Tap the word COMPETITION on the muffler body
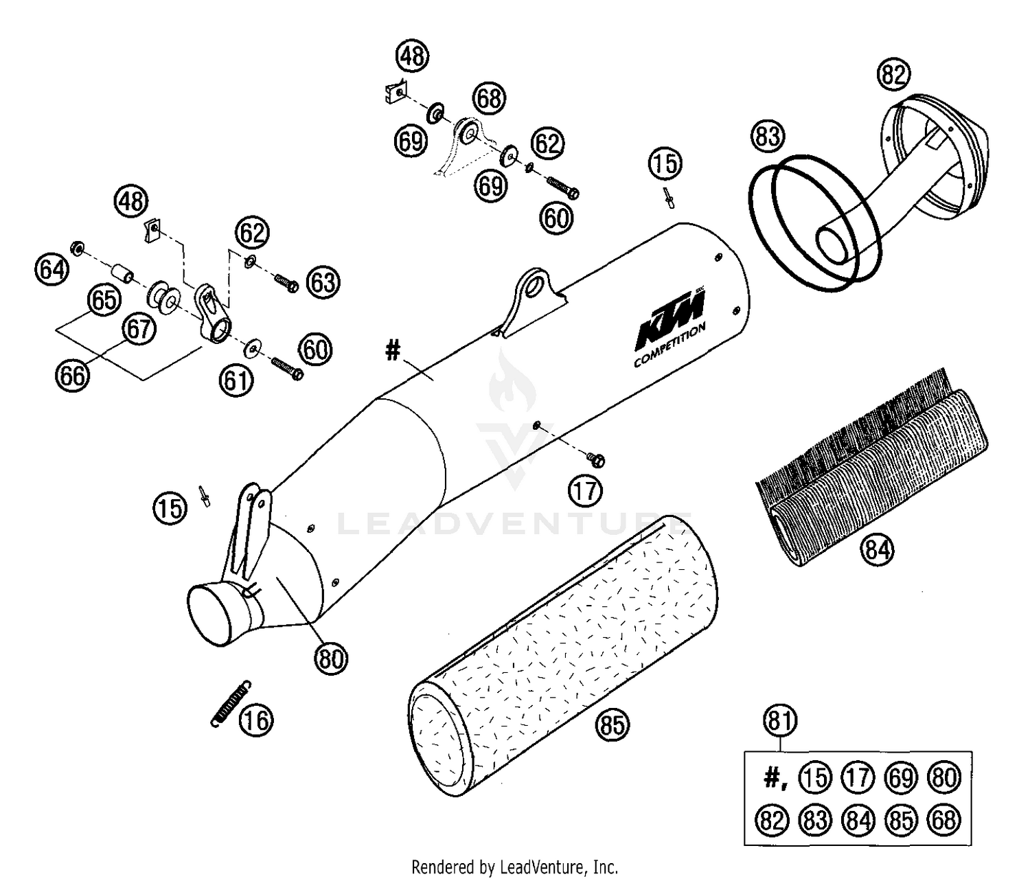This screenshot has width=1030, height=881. tap(669, 347)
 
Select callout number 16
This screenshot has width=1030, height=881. tap(256, 721)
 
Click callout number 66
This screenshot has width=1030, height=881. tap(72, 376)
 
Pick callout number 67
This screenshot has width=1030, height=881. tap(139, 330)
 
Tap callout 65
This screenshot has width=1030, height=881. tap(103, 300)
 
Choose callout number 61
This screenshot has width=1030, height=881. tap(236, 380)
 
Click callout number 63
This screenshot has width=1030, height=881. tap(323, 283)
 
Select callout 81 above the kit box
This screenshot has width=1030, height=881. tap(780, 722)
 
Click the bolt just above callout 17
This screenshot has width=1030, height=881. tap(595, 457)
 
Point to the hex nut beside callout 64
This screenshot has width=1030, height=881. tap(77, 247)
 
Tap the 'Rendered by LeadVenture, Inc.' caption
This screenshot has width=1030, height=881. tap(514, 867)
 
